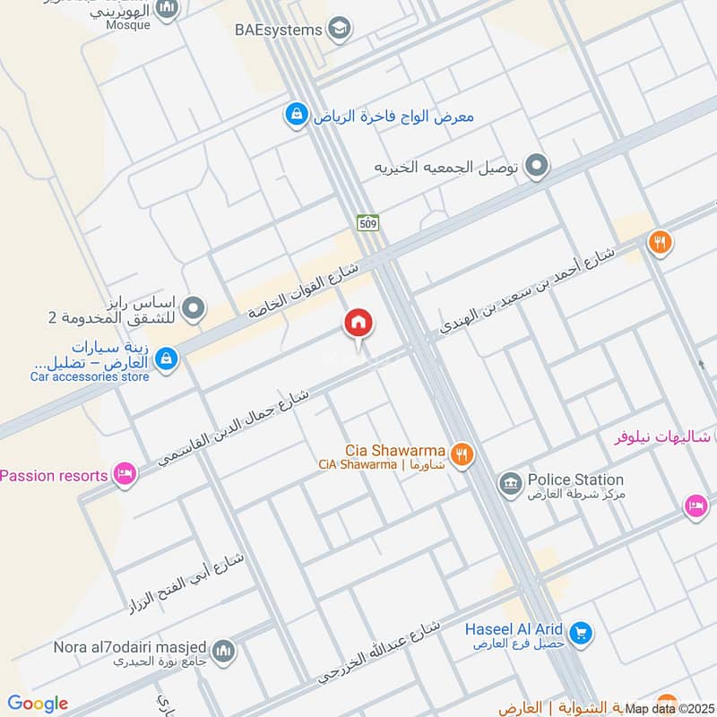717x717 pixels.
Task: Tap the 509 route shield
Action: pos(367,222)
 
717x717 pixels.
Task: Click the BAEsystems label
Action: pos(278,30)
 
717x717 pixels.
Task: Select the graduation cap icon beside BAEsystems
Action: pos(339,30)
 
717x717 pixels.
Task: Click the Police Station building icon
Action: pos(510,485)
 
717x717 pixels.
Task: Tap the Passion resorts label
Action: pos(54,475)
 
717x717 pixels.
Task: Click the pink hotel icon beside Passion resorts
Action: pos(125,474)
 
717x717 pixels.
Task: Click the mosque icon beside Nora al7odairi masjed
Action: pos(223,651)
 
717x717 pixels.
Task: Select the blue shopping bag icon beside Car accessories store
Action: pos(166,359)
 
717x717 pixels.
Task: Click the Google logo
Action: pos(38,704)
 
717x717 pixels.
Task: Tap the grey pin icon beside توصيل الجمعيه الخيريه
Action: pos(537,166)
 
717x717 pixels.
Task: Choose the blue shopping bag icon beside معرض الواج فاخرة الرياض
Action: pos(294,116)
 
